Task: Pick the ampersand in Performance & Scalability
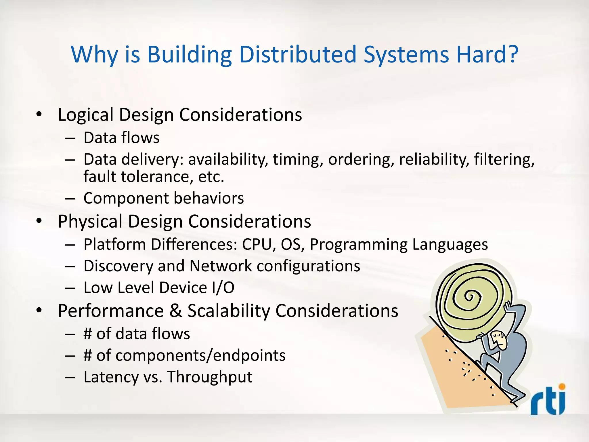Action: click(175, 311)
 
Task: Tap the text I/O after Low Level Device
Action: click(223, 288)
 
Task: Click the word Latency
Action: click(111, 377)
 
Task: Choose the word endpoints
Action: click(250, 356)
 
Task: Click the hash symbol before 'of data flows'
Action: click(87, 334)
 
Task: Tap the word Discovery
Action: click(118, 266)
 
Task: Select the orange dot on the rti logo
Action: click(562, 386)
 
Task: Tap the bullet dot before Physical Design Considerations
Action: click(39, 221)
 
